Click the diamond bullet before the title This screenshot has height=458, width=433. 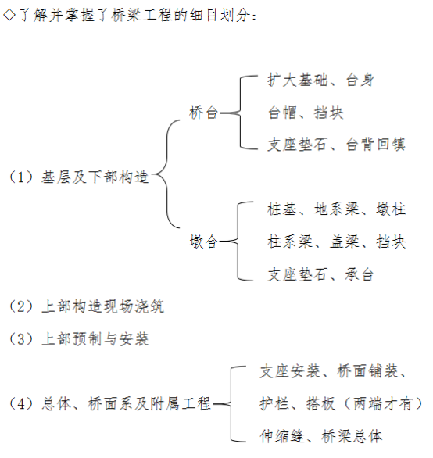pyautogui.click(x=9, y=15)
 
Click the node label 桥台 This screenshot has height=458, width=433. pyautogui.click(x=204, y=113)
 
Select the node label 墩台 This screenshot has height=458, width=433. pyautogui.click(x=204, y=242)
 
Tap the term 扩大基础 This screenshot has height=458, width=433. pyautogui.click(x=298, y=80)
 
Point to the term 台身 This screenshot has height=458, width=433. pyautogui.click(x=360, y=80)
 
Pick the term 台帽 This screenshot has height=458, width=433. pyautogui.click(x=282, y=113)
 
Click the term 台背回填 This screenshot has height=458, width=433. pyautogui.click(x=376, y=145)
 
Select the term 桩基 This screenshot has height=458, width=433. pyautogui.click(x=282, y=209)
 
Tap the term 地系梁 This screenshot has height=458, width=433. pyautogui.click(x=337, y=209)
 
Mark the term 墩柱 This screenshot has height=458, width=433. pyautogui.click(x=391, y=209)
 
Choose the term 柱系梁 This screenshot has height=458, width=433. pyautogui.click(x=290, y=242)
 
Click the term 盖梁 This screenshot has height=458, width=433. pyautogui.click(x=345, y=242)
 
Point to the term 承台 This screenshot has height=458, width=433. pyautogui.click(x=360, y=274)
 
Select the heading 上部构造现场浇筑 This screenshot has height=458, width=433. pyautogui.click(x=103, y=306)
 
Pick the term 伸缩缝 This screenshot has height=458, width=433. pyautogui.click(x=282, y=436)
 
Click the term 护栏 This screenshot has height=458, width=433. pyautogui.click(x=274, y=403)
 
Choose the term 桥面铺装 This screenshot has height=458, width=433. pyautogui.click(x=367, y=371)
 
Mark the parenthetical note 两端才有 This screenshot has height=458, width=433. pyautogui.click(x=383, y=403)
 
